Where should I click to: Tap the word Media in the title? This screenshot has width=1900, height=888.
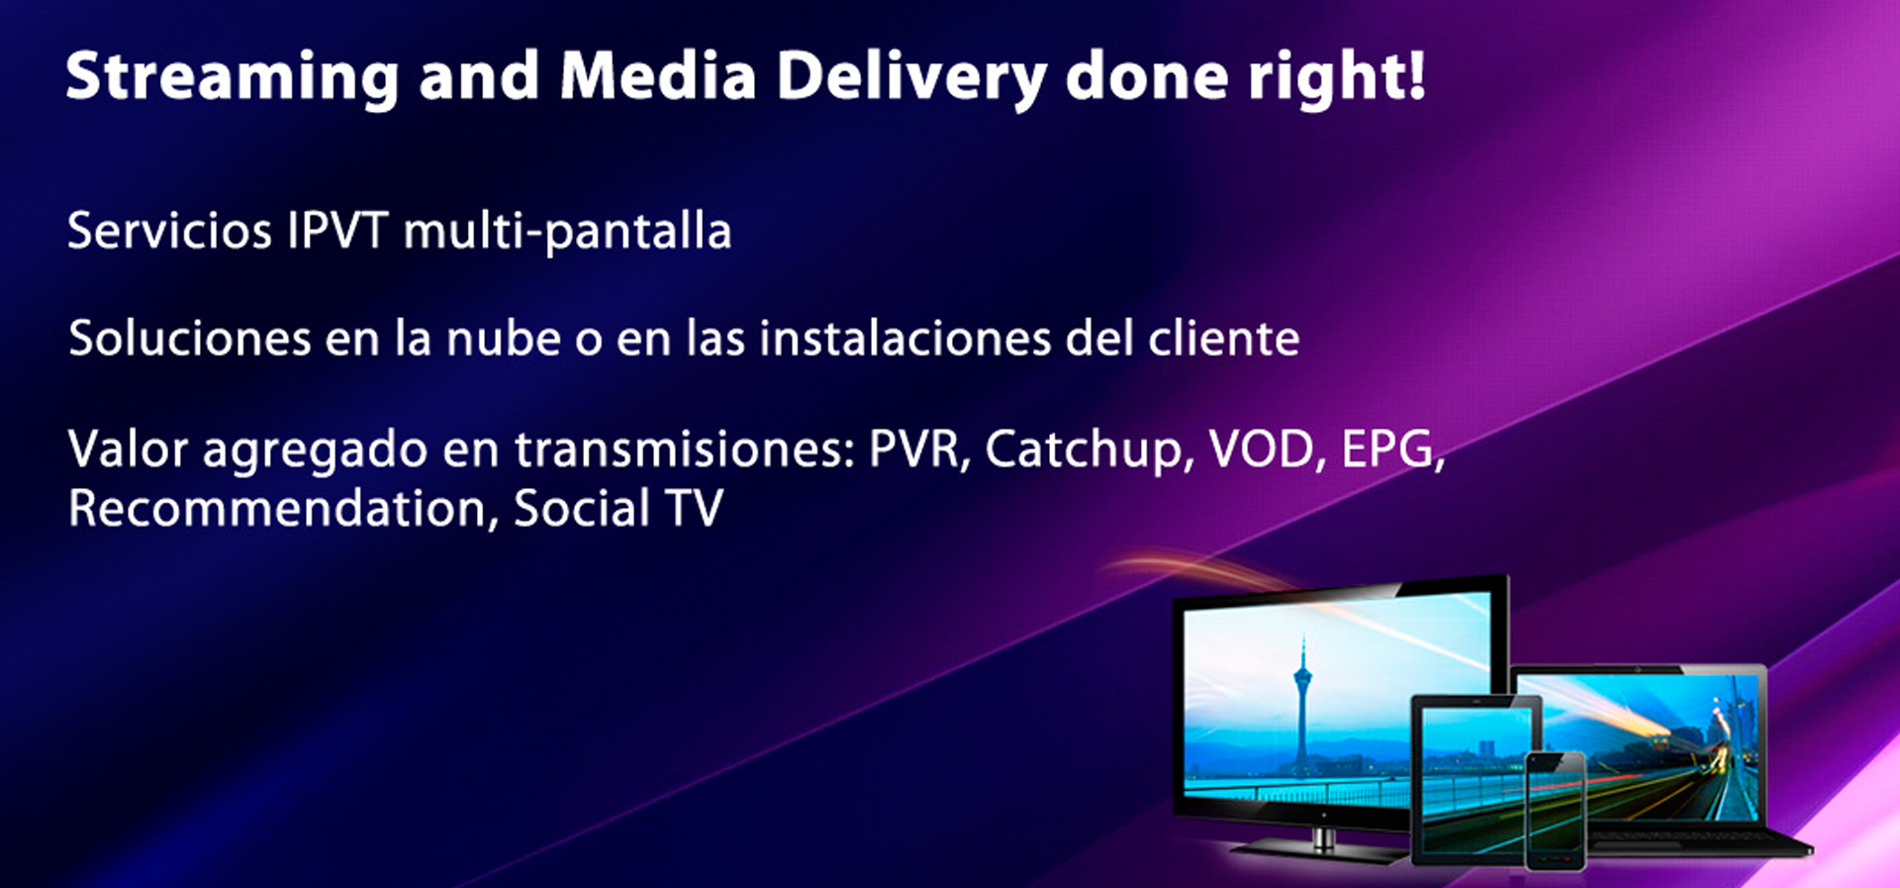click(658, 76)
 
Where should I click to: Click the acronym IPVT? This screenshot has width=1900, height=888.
click(337, 232)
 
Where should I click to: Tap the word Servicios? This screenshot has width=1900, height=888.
click(169, 232)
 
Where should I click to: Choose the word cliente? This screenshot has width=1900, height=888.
click(1223, 339)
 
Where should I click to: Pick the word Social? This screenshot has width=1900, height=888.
click(582, 509)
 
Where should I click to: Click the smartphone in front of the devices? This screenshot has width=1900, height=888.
click(1556, 811)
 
